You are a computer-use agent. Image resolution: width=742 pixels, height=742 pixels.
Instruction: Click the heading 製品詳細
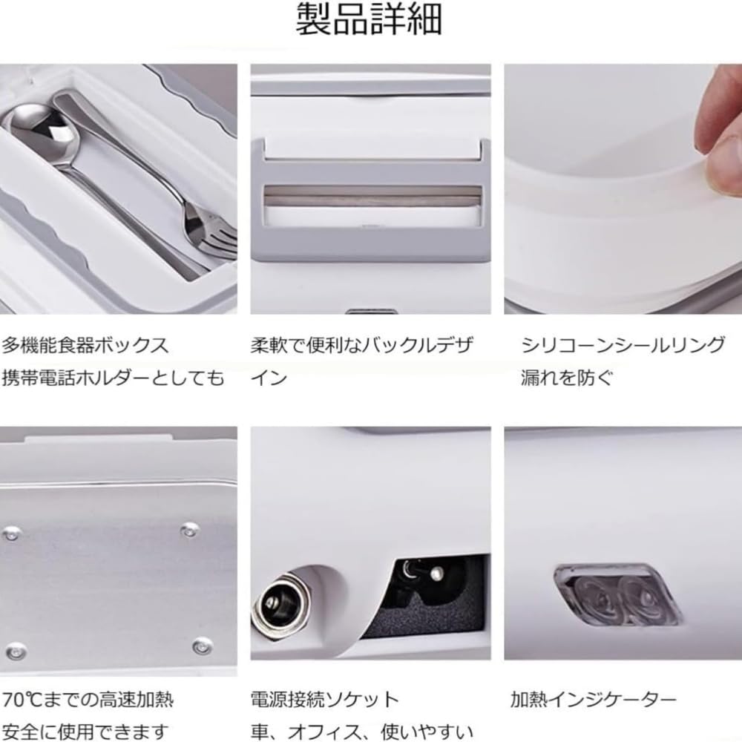pyautogui.click(x=369, y=19)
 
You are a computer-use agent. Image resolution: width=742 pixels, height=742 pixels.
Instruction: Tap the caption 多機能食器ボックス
pyautogui.click(x=85, y=345)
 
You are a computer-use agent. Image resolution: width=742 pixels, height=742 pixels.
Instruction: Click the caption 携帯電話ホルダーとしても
pyautogui.click(x=113, y=378)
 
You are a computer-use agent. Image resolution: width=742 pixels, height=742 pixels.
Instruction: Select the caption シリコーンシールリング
pyautogui.click(x=623, y=345)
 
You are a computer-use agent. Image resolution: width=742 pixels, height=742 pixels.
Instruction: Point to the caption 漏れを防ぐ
pyautogui.click(x=566, y=378)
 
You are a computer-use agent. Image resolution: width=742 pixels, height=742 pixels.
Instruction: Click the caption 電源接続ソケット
pyautogui.click(x=325, y=700)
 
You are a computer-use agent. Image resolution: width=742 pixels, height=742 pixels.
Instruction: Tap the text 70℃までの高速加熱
pyautogui.click(x=88, y=700)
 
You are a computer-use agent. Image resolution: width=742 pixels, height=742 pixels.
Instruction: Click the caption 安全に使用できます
pyautogui.click(x=85, y=732)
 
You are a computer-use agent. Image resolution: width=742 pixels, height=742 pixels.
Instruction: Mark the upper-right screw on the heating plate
pyautogui.click(x=189, y=530)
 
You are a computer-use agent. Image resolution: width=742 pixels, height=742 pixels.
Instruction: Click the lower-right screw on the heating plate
pyautogui.click(x=203, y=646)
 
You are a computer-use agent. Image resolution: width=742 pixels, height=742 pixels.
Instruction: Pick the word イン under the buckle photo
pyautogui.click(x=269, y=378)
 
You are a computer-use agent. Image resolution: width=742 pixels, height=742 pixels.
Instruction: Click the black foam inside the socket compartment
pyautogui.click(x=421, y=615)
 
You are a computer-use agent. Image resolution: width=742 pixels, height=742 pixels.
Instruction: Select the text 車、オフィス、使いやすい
pyautogui.click(x=362, y=732)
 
